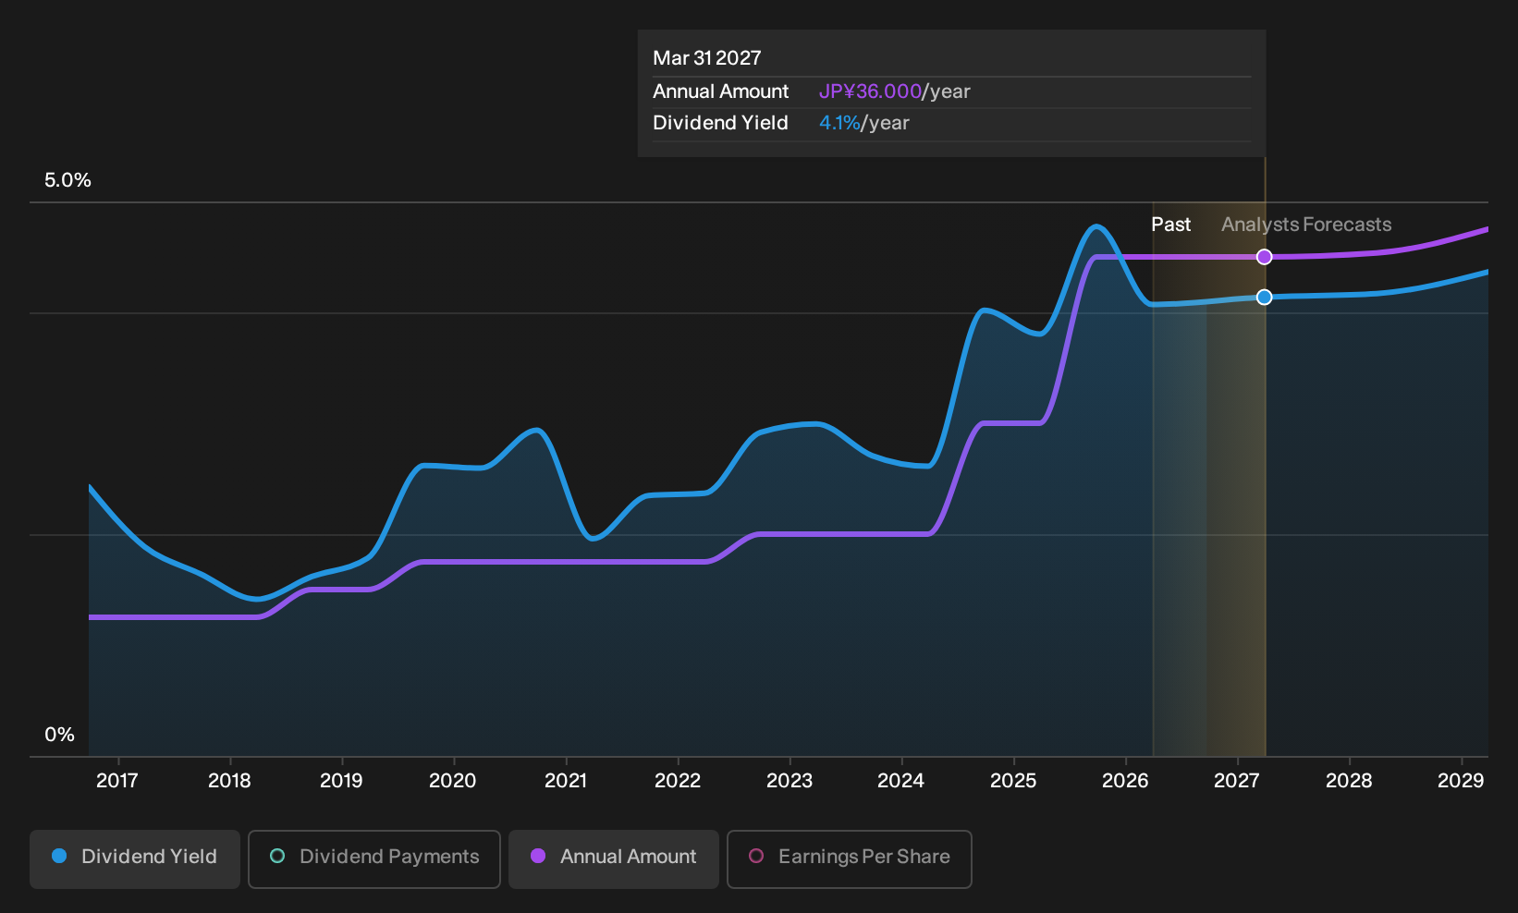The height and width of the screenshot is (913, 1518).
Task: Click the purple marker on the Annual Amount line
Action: pos(1264,257)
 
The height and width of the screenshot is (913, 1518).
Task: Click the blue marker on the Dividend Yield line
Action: pos(1264,298)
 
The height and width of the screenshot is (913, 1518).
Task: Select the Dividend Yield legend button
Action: pos(135,858)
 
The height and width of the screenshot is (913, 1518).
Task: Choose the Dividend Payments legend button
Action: pos(374,858)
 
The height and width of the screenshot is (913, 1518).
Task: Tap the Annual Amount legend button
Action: pos(613,858)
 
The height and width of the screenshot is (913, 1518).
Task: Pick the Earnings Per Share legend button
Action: pos(849,858)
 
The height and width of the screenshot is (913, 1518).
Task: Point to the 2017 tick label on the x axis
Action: pos(117,781)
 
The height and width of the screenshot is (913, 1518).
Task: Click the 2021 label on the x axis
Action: pos(566,781)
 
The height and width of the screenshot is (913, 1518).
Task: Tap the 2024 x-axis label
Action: pos(900,781)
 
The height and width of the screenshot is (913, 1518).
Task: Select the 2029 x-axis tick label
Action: pos(1461,781)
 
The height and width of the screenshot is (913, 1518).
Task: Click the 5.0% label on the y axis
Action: pos(67,180)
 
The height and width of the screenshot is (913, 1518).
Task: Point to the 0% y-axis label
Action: pos(60,735)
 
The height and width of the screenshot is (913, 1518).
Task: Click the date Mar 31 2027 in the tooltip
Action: pos(707,58)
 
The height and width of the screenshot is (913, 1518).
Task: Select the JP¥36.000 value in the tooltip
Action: pos(870,91)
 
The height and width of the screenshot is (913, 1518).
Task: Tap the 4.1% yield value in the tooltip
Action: pos(839,123)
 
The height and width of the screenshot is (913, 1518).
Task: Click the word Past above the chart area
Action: pos(1171,225)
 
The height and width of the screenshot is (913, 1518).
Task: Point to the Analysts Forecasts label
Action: pos(1306,225)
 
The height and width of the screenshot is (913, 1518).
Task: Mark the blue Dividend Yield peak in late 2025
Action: pos(1096,226)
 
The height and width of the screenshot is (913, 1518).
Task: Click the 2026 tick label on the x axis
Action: pos(1125,781)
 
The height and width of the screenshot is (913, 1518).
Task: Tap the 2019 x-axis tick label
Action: pos(341,781)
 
